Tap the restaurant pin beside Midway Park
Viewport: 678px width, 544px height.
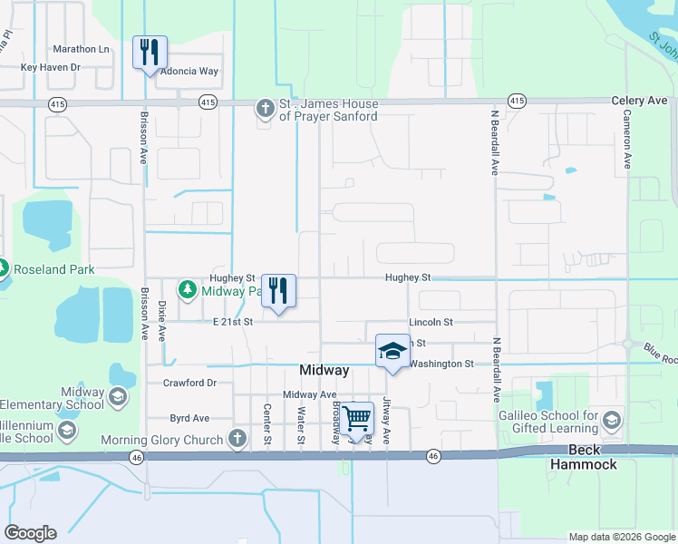coord(279,291)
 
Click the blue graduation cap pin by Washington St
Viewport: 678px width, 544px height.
coord(392,352)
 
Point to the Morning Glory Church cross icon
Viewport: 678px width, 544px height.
coord(237,440)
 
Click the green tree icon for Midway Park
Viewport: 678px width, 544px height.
coord(188,291)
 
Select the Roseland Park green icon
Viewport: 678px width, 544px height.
coord(3,269)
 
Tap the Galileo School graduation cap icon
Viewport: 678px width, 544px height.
coord(612,420)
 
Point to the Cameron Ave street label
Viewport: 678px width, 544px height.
coord(626,141)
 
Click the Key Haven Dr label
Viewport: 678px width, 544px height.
coord(51,67)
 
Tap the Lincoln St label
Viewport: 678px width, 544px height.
coord(431,322)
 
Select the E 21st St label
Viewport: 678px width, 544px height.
coord(232,321)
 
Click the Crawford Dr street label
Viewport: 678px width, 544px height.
coord(189,383)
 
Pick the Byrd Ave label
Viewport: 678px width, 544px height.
coord(189,418)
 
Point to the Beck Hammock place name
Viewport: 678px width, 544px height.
coord(593,457)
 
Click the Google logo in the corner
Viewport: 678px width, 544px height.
coord(30,532)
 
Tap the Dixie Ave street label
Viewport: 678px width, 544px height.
coord(162,320)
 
